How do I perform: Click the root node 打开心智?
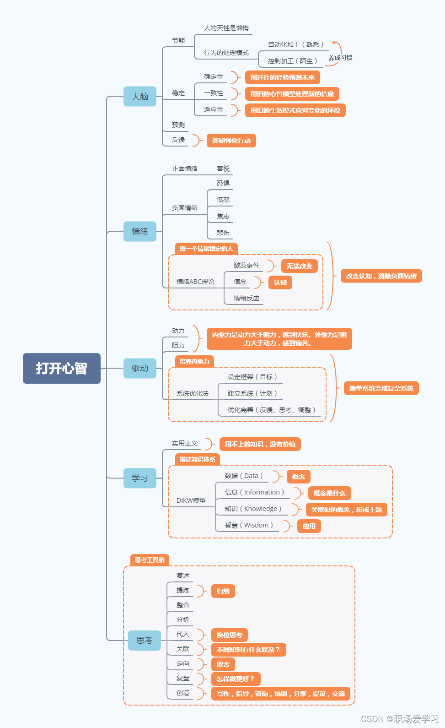click(62, 368)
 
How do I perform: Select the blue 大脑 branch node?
click(140, 97)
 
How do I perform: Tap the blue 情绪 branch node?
click(140, 231)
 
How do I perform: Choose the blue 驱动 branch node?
click(140, 368)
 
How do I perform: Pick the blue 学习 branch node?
click(140, 478)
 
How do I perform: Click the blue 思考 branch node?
click(145, 640)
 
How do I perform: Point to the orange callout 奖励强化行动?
click(231, 141)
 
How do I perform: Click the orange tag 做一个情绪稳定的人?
click(206, 249)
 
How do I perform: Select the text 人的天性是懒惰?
click(226, 28)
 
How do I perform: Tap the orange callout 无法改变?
click(300, 266)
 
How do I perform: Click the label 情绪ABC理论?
click(195, 282)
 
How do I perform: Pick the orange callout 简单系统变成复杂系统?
click(381, 388)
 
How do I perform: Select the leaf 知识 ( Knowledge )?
click(253, 509)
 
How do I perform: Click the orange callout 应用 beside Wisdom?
click(309, 526)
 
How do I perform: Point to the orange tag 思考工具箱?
click(150, 560)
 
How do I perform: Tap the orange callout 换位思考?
click(230, 635)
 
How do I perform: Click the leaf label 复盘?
click(183, 678)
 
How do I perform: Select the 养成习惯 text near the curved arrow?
click(340, 58)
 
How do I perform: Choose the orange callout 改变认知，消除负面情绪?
click(381, 276)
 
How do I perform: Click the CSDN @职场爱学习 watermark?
click(400, 719)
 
